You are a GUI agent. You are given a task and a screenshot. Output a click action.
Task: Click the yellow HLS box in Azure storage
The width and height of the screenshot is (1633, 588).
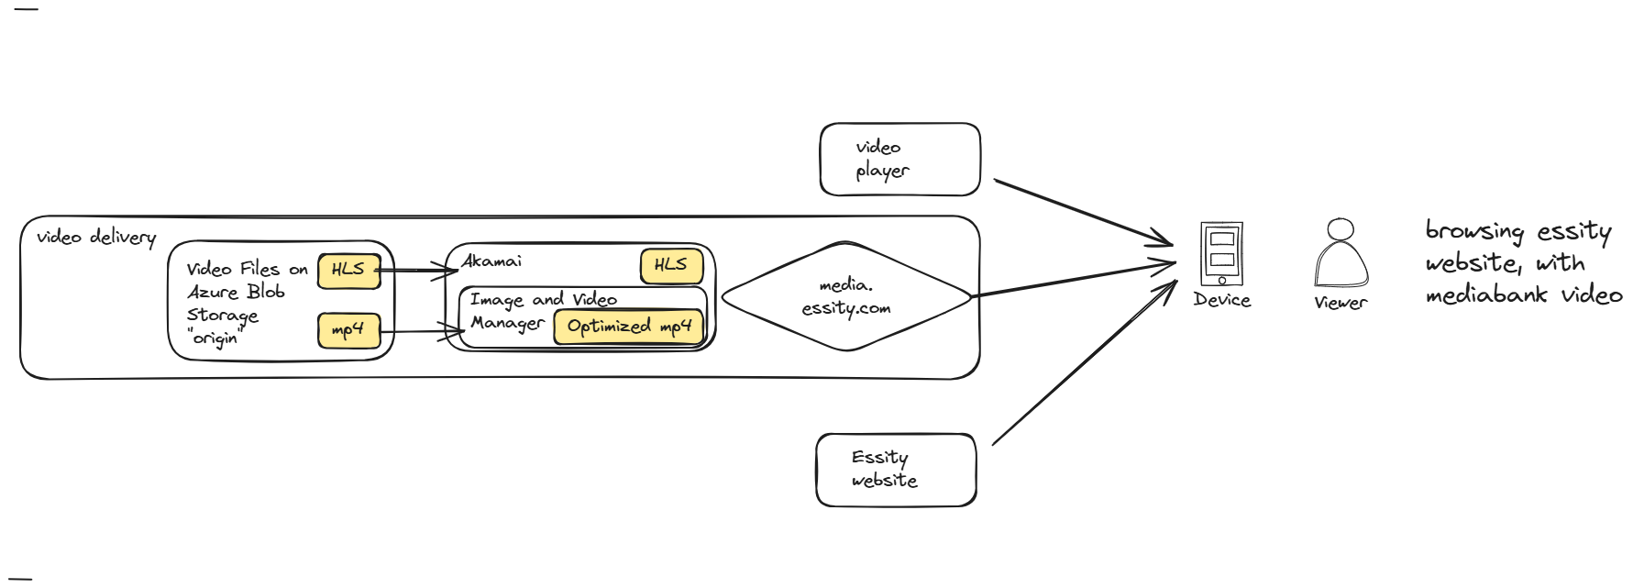coord(348,271)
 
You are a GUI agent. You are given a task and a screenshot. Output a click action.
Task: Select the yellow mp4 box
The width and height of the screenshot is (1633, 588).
coord(348,330)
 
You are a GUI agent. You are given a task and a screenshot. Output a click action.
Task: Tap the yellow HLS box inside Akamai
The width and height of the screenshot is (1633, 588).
coord(671,266)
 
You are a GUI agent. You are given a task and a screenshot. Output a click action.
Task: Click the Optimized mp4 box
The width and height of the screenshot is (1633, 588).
coord(629,327)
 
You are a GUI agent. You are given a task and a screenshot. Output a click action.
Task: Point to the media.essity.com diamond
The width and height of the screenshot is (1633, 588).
coord(846,296)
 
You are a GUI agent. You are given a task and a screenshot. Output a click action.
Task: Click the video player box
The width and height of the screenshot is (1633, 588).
coord(899,160)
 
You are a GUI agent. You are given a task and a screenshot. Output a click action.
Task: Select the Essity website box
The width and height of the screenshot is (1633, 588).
coord(896,470)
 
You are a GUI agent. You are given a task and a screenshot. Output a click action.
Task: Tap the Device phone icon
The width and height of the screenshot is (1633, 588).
coord(1221,254)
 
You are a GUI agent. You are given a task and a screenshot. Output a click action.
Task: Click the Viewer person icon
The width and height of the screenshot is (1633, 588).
coord(1341,254)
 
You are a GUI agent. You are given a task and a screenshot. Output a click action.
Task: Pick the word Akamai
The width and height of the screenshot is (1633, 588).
coord(492,261)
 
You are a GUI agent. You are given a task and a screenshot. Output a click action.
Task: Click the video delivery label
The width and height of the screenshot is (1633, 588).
coord(96,238)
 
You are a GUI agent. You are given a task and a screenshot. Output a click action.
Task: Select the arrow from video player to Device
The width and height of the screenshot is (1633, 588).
coord(1082,212)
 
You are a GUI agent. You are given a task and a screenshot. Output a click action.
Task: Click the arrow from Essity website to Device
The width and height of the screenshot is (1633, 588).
coord(1082,365)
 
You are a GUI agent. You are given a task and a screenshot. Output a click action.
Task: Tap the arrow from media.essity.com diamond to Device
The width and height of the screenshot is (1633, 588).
coord(1073,280)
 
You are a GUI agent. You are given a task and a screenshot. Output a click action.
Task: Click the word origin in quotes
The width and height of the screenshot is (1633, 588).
coord(215,338)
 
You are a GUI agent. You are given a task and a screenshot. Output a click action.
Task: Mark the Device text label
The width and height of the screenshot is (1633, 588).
coord(1221,300)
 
